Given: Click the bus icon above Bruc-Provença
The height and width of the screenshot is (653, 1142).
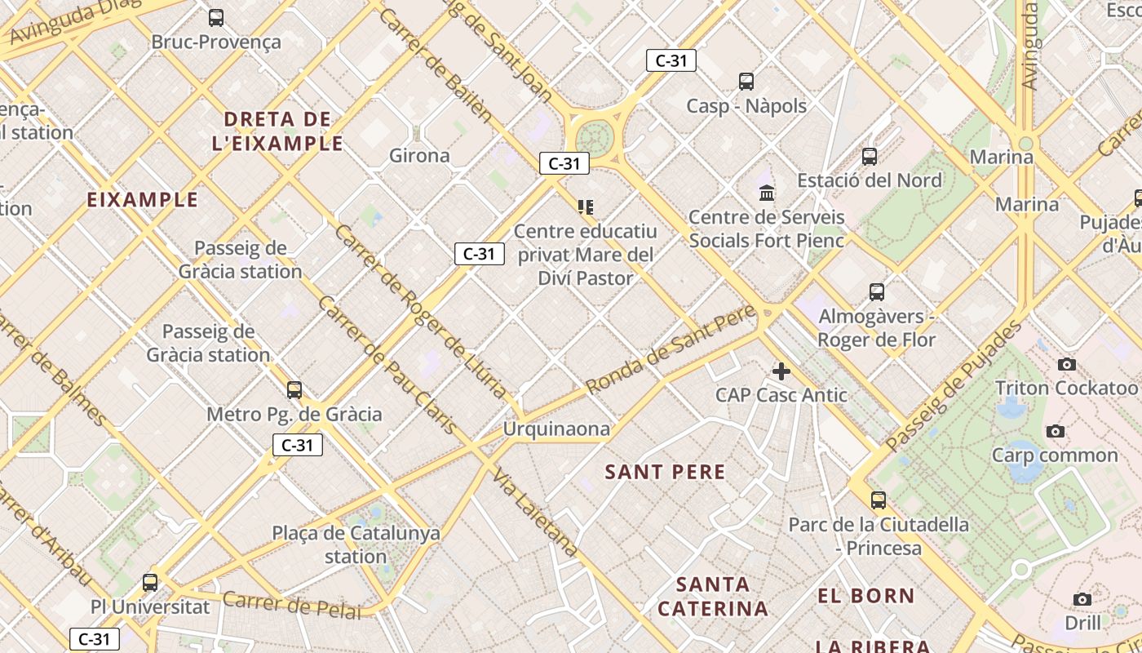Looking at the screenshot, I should pos(216,18).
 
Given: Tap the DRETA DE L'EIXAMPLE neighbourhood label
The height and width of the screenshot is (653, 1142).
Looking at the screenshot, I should pos(277,131).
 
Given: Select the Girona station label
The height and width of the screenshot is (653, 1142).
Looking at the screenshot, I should pos(419,155).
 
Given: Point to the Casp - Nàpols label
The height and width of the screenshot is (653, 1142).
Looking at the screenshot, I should pos(746,106).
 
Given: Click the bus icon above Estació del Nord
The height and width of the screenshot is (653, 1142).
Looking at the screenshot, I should pos(870,156).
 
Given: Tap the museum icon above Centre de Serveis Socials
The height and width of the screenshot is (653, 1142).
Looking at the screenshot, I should pos(767,193).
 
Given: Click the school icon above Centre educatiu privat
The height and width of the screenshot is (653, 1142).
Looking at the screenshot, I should pos(586,207).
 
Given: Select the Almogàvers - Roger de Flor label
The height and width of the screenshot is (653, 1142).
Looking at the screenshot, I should pos(877,328).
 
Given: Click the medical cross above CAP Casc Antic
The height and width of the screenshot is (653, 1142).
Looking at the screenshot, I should pos(781,372).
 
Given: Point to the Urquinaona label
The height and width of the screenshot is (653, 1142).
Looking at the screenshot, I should pos(556,429).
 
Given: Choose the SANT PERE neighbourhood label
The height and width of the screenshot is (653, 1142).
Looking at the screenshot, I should pos(665,472).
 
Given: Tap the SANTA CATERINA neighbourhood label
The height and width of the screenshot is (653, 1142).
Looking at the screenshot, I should pos(713,597).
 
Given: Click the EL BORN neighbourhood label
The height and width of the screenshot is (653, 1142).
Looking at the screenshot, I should pos(866,596).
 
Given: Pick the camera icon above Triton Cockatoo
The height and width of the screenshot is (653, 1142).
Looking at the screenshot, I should pos(1066,364).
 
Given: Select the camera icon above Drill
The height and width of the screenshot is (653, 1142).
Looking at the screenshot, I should pos(1082,600).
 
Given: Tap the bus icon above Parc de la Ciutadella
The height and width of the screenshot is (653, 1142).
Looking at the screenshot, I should pos(879,500).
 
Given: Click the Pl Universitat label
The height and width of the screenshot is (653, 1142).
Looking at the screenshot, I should pos(150,607).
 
